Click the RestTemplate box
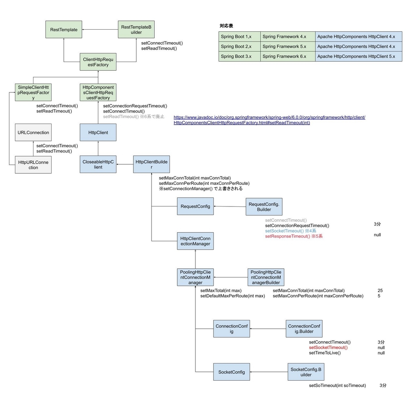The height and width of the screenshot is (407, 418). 64,30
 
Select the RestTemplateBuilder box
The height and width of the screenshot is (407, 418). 136,30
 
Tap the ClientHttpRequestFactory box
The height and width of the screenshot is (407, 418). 98,62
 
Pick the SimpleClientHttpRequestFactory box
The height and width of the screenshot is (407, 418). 33,93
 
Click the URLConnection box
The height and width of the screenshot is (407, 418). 33,133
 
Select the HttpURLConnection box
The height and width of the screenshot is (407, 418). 33,165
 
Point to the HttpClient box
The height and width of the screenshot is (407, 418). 98,133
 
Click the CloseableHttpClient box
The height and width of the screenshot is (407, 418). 98,164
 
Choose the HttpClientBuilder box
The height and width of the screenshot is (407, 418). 151,164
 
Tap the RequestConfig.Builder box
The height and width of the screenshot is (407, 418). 264,207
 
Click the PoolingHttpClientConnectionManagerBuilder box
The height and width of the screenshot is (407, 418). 266,277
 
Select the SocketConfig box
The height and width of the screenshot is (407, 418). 231,372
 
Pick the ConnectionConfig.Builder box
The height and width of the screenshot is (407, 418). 304,329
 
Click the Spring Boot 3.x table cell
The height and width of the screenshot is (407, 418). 239,56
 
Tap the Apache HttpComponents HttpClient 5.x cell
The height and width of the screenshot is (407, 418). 358,56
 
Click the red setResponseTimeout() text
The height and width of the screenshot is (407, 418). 293,236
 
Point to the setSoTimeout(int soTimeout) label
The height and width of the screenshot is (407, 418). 337,385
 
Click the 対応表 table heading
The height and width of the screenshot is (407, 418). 226,26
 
